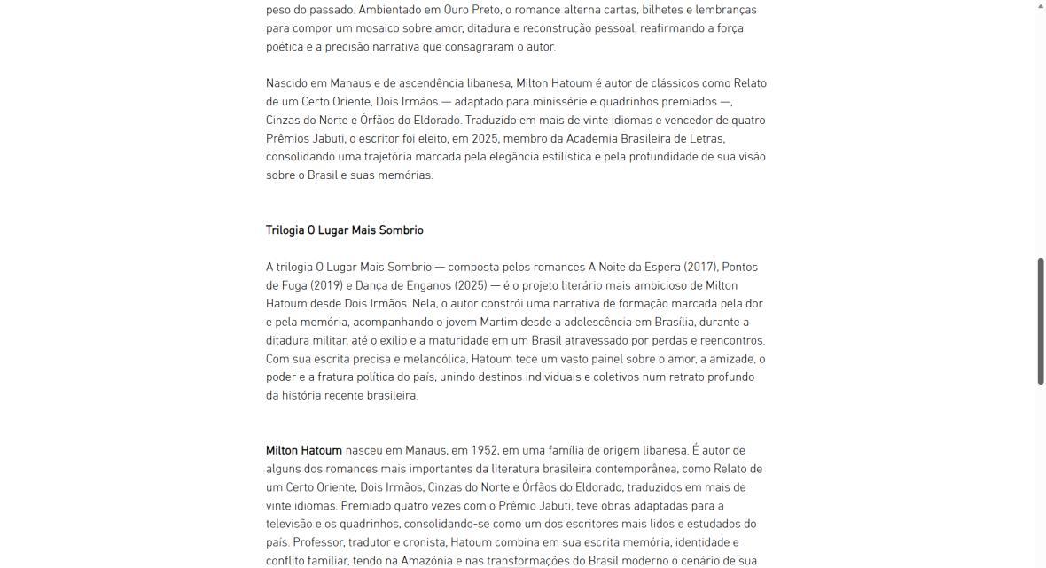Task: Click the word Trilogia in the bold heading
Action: (x=285, y=230)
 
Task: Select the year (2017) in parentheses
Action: (x=700, y=267)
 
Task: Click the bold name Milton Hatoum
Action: (x=303, y=451)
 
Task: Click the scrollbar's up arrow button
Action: (x=1041, y=6)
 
